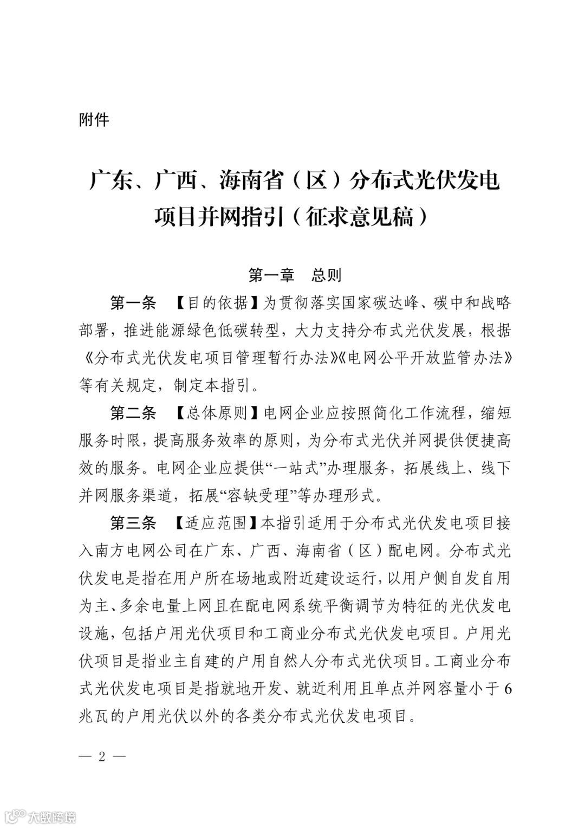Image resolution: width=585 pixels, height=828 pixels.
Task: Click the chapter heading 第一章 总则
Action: pyautogui.click(x=295, y=275)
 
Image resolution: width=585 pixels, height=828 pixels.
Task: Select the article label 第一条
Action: pyautogui.click(x=133, y=303)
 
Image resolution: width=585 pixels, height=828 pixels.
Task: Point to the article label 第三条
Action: pyautogui.click(x=133, y=523)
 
